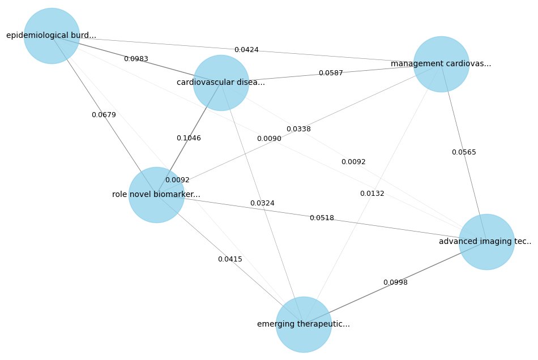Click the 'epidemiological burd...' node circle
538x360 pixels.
pos(52,36)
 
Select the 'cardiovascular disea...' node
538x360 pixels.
pos(221,83)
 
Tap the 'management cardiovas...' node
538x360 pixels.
pos(441,64)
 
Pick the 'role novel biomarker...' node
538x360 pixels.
pos(156,195)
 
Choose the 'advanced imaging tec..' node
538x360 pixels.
pos(486,242)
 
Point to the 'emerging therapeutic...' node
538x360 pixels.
pos(304,324)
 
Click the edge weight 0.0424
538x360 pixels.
pos(246,50)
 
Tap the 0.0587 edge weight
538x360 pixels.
pos(331,73)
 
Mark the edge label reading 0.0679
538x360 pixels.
pos(104,115)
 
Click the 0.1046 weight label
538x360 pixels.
pos(189,138)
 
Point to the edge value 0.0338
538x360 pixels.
pos(298,129)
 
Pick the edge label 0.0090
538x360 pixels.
pos(269,139)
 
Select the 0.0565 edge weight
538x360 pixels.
pos(464,152)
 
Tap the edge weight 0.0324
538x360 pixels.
pos(262,203)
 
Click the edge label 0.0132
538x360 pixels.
pos(372,194)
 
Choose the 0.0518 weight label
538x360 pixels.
pos(322,218)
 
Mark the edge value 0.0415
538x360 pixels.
pos(230,259)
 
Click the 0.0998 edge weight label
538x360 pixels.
pos(395,282)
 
